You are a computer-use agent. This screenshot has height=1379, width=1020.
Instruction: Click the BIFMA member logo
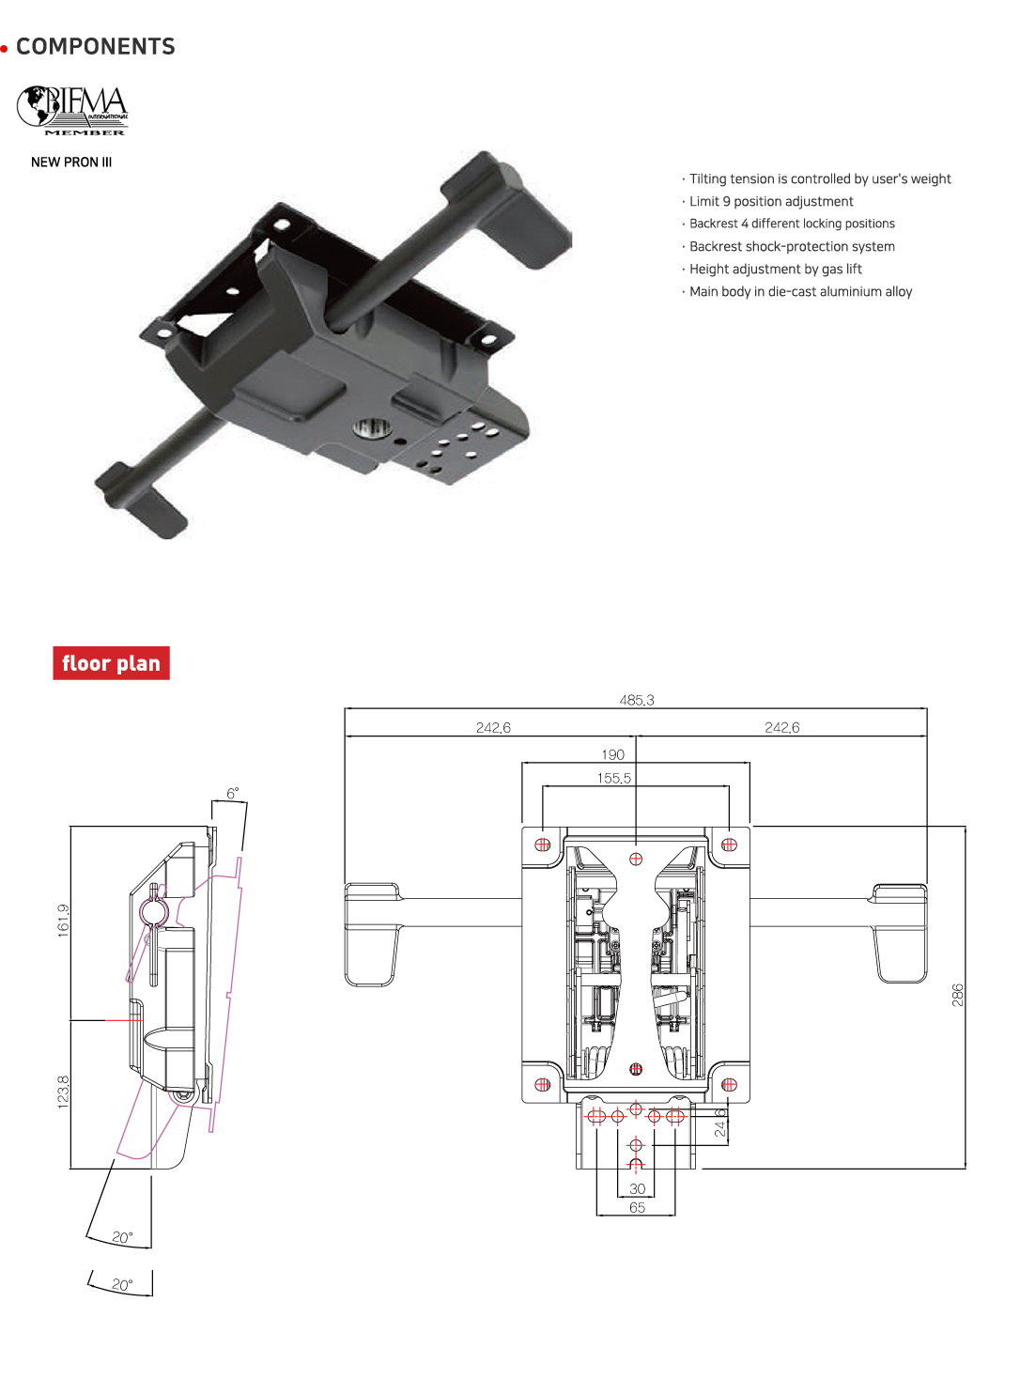[72, 111]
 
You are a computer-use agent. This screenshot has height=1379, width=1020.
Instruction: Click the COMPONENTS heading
[95, 47]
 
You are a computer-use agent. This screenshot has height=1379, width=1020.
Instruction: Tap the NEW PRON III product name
[71, 163]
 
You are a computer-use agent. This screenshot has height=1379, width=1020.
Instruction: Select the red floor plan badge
[111, 663]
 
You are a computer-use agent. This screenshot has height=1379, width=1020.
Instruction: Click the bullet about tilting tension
[819, 179]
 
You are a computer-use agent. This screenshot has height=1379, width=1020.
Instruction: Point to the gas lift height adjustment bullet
[775, 270]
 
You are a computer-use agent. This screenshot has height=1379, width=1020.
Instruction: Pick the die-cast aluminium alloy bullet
[800, 292]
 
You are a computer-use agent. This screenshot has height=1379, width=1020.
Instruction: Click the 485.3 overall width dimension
[636, 700]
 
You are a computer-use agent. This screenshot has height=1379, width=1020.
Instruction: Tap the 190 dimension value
[612, 754]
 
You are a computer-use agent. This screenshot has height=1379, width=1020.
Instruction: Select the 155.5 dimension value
[613, 778]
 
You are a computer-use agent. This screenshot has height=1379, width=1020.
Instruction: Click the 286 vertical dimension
[957, 995]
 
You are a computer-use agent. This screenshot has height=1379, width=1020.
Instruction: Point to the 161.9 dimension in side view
[63, 920]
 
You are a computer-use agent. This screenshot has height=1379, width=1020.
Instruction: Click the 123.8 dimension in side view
[63, 1092]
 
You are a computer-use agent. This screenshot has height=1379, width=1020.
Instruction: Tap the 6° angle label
[232, 793]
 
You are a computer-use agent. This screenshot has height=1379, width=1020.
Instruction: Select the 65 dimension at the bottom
[637, 1208]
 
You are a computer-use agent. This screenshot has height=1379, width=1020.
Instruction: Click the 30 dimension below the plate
[637, 1189]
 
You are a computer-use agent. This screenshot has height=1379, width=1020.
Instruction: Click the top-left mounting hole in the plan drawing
[542, 844]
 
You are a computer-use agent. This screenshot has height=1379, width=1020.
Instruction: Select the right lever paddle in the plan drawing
[900, 934]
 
